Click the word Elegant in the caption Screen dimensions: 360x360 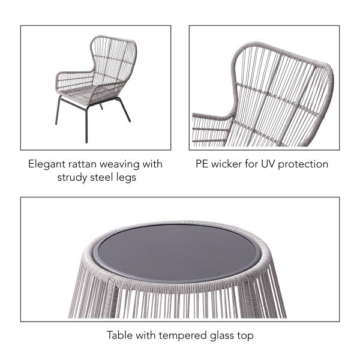pyautogui.click(x=47, y=164)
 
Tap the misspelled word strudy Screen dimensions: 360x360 pyautogui.click(x=74, y=177)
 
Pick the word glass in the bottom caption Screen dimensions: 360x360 pyautogui.click(x=218, y=335)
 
